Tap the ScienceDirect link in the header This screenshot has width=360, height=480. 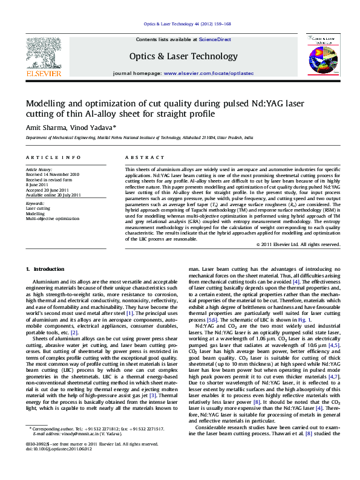click(x=215, y=39)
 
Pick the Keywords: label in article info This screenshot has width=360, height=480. click(x=34, y=204)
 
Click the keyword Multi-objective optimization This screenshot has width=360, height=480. click(x=53, y=218)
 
